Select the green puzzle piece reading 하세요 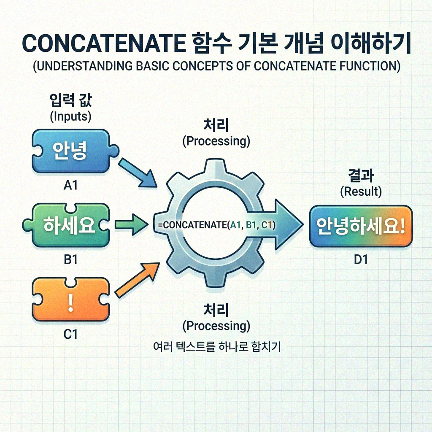tap(70, 226)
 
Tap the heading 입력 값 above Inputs tap(70, 102)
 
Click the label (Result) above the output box tap(361, 192)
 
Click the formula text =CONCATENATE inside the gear tap(192, 225)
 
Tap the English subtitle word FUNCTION tap(363, 67)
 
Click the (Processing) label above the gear tap(216, 141)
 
